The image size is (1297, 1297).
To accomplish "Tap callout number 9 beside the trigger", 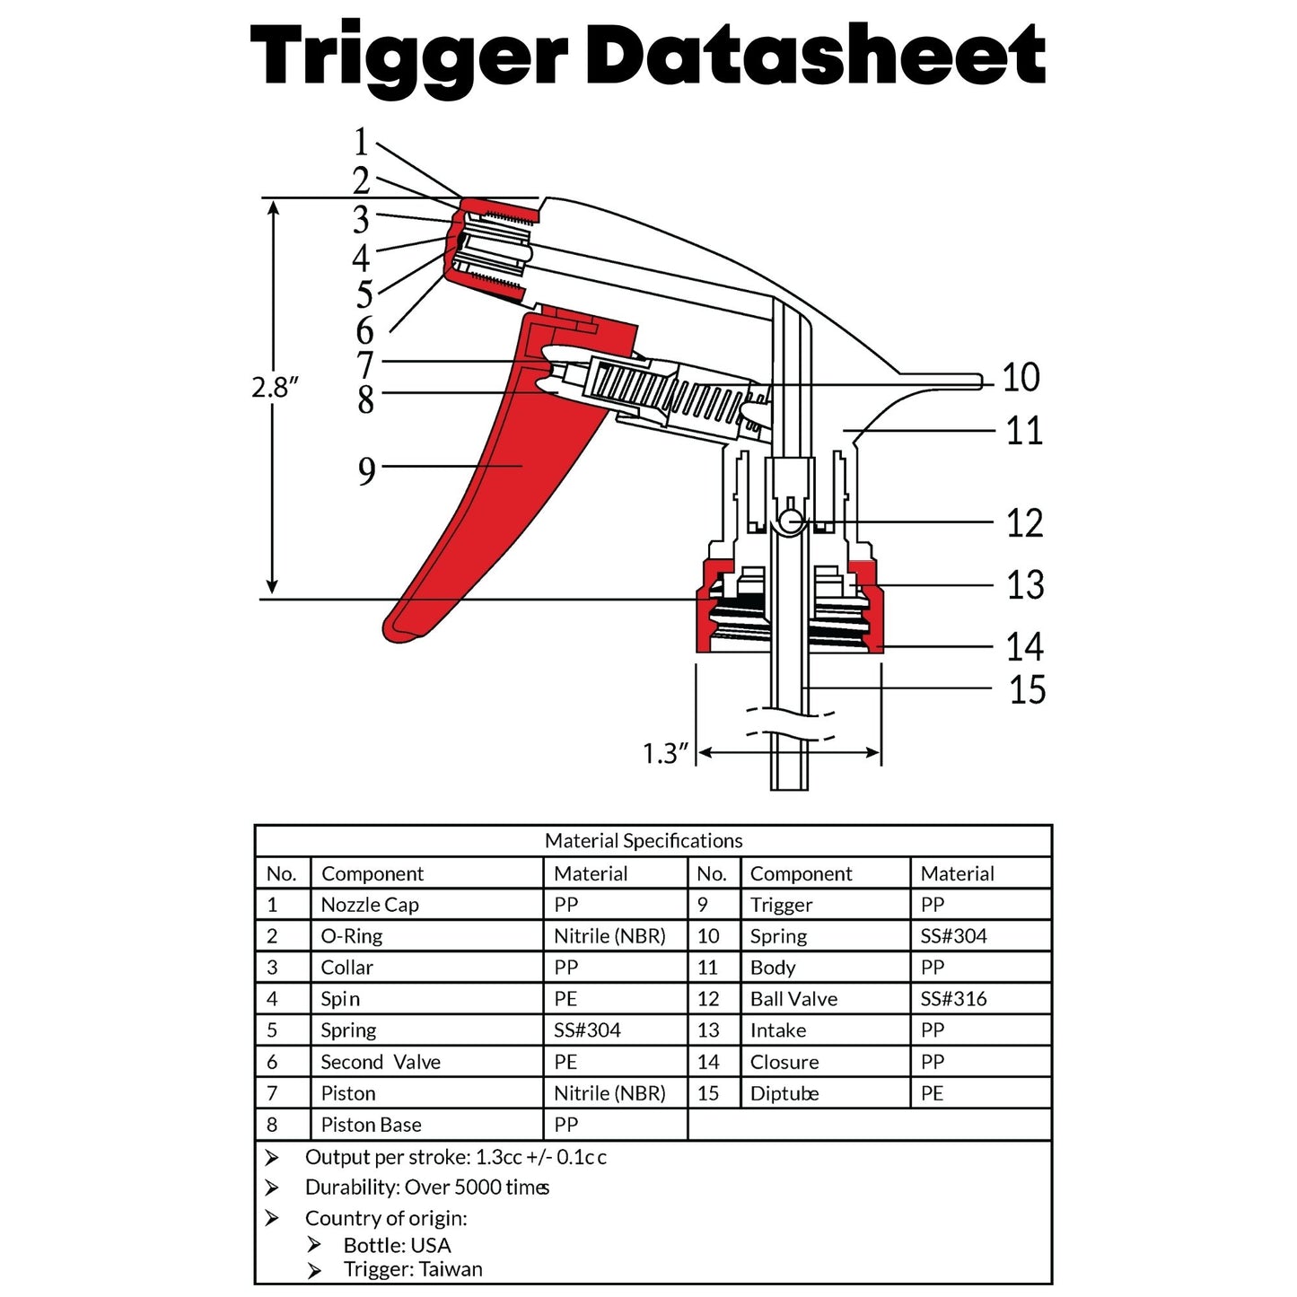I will click(x=366, y=470).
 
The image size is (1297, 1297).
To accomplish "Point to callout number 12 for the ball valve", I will click(x=1024, y=523).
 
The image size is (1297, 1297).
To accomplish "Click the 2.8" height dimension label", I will click(x=275, y=388).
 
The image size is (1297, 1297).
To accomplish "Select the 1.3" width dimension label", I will click(x=665, y=753).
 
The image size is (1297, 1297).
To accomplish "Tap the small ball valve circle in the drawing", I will click(x=791, y=521).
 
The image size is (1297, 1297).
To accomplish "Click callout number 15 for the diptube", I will click(x=1027, y=690).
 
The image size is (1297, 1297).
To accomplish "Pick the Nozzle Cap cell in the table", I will click(x=370, y=905).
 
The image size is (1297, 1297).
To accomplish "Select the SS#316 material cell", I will click(x=953, y=999).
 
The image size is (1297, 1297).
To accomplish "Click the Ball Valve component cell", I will click(x=793, y=999).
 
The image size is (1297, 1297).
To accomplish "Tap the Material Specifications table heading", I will click(x=644, y=841).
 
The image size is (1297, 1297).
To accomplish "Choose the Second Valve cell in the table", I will click(x=381, y=1062).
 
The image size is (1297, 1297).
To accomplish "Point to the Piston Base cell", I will click(x=371, y=1125).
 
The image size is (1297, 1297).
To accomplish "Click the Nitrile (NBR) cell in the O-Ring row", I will click(x=609, y=936).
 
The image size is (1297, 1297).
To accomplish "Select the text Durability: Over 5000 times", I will click(x=427, y=1187).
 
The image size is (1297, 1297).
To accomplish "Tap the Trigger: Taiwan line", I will click(x=413, y=1269).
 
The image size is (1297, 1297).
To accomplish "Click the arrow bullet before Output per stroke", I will click(x=272, y=1158).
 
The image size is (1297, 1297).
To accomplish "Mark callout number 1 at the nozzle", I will click(x=361, y=142).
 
